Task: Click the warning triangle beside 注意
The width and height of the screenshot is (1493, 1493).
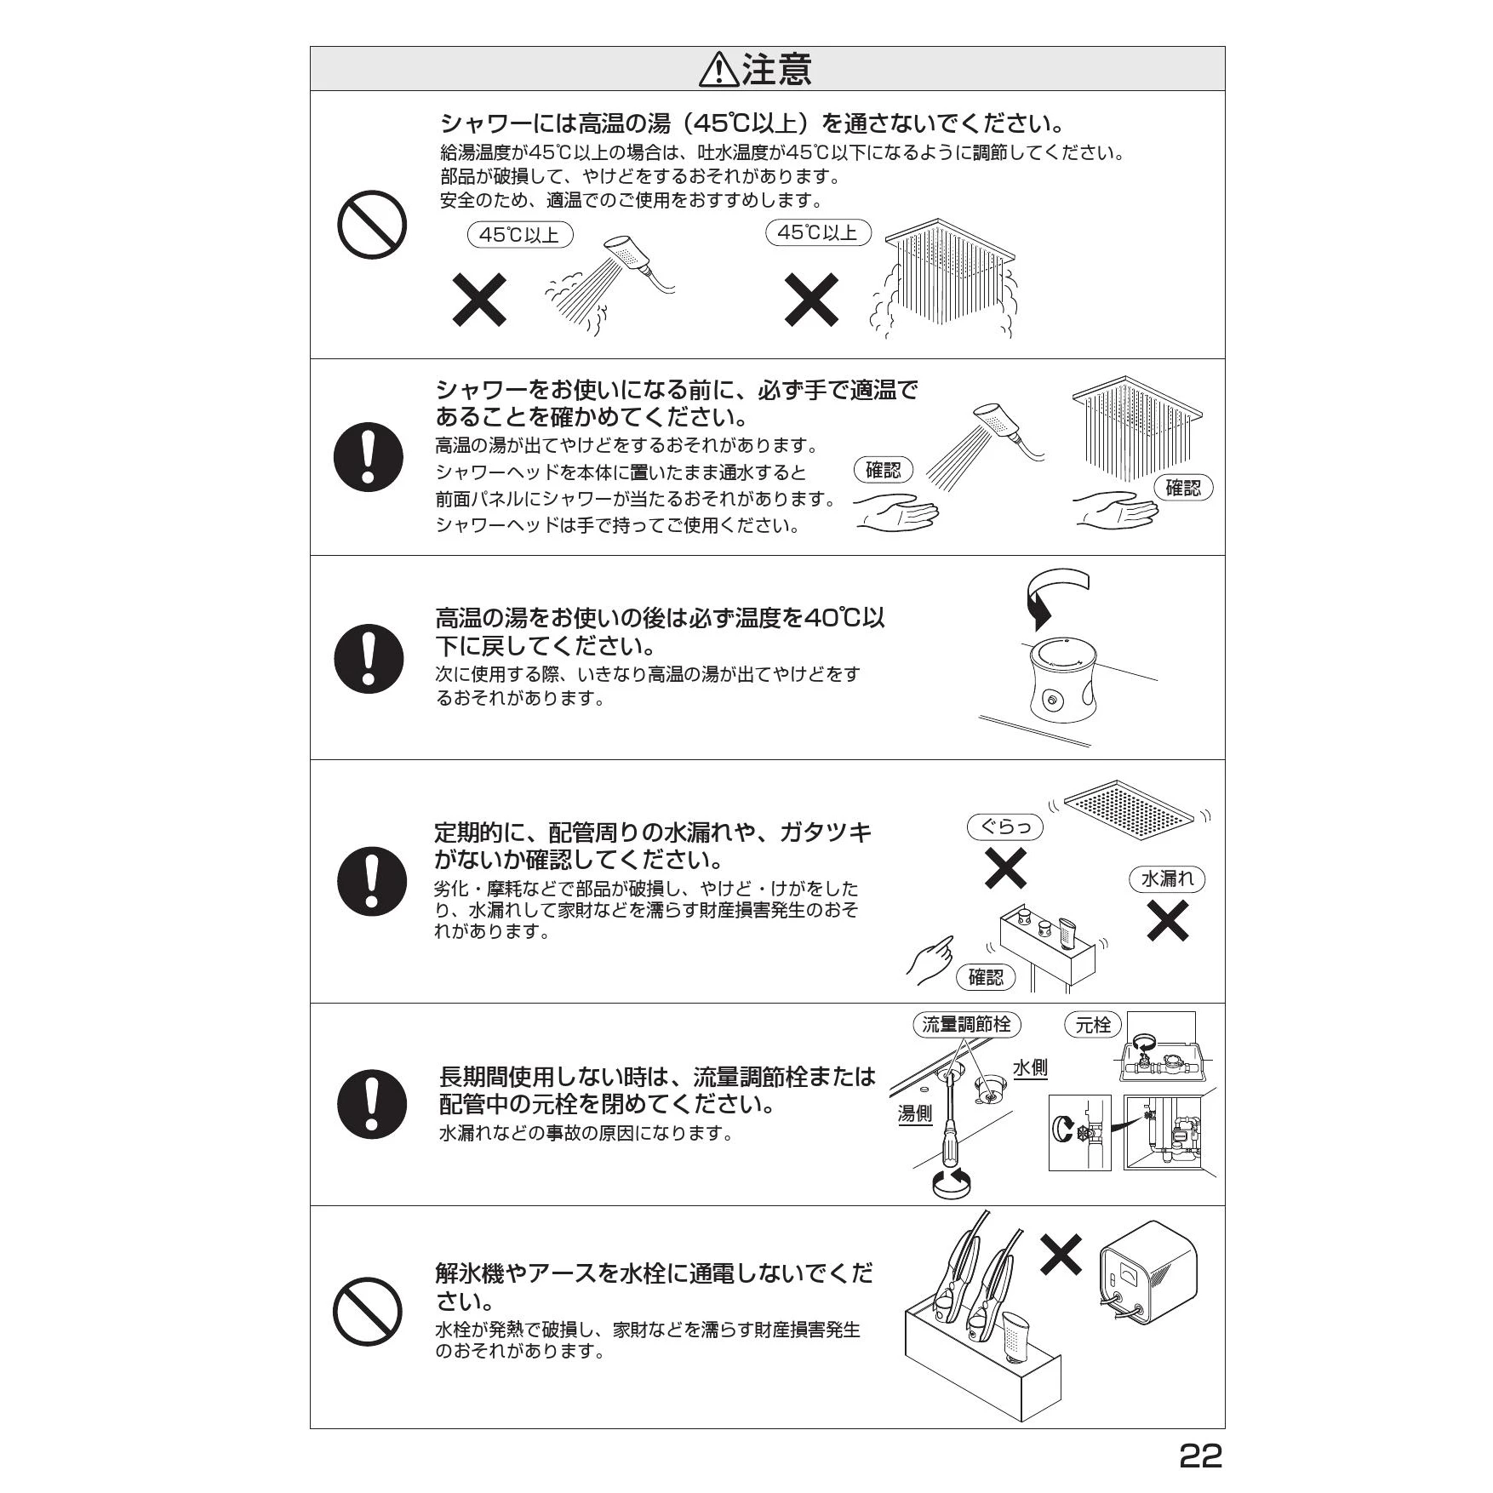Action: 718,70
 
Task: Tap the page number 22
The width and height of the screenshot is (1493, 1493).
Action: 1200,1456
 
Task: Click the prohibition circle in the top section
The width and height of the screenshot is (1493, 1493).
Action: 372,225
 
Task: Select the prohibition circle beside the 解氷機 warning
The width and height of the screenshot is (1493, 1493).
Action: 367,1312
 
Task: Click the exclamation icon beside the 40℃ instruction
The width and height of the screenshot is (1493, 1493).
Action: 369,658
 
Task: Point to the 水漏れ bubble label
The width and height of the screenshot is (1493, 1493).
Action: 1167,879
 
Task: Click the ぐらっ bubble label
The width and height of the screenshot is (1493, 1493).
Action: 1005,827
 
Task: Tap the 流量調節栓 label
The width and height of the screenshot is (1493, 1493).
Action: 966,1024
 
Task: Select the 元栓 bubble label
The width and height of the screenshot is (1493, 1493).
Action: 1093,1025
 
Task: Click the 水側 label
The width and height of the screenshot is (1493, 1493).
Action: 1030,1068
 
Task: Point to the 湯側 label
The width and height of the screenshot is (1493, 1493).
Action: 915,1113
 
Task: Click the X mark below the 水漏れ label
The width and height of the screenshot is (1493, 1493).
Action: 1168,921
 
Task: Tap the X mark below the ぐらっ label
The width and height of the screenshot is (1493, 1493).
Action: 1005,868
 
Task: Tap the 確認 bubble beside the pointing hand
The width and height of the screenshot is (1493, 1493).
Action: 986,977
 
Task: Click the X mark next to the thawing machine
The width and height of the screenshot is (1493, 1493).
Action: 1061,1255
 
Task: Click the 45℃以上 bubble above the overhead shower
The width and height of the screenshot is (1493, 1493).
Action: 818,232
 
